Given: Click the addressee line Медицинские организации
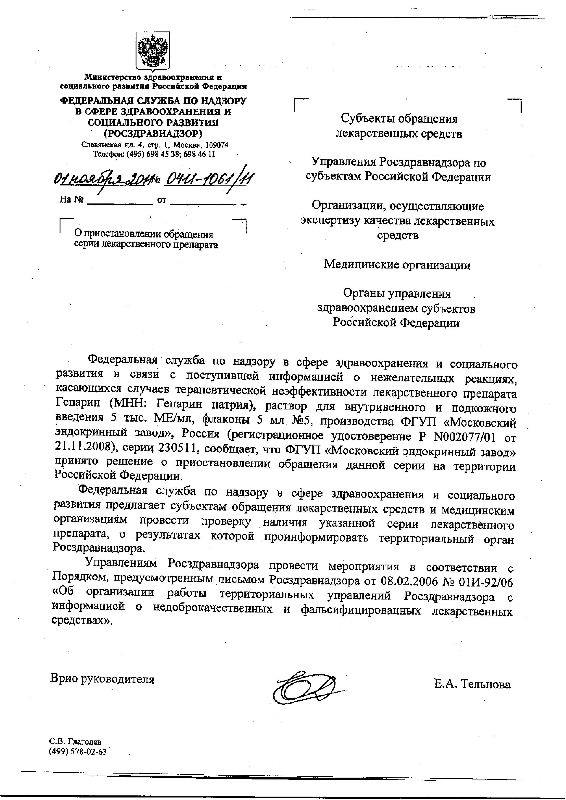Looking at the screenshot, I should tap(397, 265).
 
